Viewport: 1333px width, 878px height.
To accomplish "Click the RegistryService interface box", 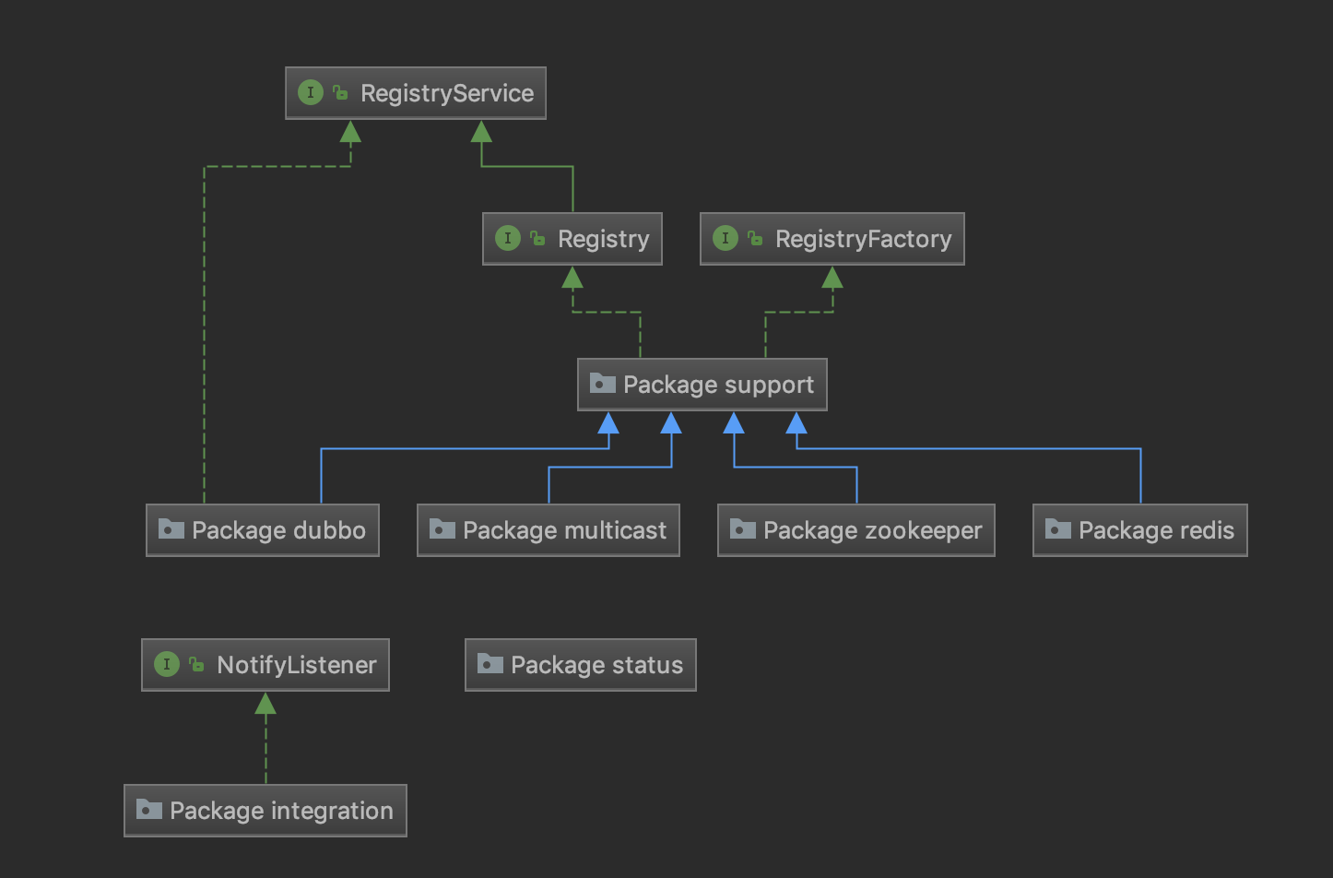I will pyautogui.click(x=416, y=93).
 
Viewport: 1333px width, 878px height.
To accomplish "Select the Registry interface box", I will pyautogui.click(x=572, y=239).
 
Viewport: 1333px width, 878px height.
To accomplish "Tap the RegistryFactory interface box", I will pyautogui.click(x=832, y=239).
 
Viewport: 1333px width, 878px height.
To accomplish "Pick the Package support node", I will pyautogui.click(x=702, y=385).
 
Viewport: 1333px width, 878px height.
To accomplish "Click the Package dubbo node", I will pyautogui.click(x=263, y=530).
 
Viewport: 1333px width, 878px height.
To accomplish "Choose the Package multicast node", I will pyautogui.click(x=548, y=530).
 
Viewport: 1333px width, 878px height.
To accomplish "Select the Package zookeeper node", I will pyautogui.click(x=855, y=530).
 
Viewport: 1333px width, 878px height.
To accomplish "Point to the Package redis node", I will pyautogui.click(x=1139, y=530).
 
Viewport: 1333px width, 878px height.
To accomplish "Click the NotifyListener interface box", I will pyautogui.click(x=265, y=665).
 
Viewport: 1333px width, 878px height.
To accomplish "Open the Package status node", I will pyautogui.click(x=580, y=665).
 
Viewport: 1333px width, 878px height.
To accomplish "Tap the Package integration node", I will pyautogui.click(x=265, y=811).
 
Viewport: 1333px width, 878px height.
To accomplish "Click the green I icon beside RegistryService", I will pyautogui.click(x=311, y=92).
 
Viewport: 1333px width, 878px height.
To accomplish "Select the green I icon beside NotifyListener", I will pyautogui.click(x=167, y=664).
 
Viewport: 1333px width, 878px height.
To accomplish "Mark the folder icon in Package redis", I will pyautogui.click(x=1057, y=529).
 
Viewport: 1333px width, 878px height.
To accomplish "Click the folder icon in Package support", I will pyautogui.click(x=602, y=384).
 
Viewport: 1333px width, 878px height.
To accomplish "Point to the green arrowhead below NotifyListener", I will pyautogui.click(x=265, y=704).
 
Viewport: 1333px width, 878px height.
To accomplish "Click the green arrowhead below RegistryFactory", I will pyautogui.click(x=832, y=278).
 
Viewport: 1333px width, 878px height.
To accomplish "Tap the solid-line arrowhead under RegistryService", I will pyautogui.click(x=481, y=132).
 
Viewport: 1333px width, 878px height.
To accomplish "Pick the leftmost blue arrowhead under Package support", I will pyautogui.click(x=608, y=423).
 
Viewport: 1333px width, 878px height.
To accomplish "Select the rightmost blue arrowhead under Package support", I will pyautogui.click(x=796, y=423).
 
